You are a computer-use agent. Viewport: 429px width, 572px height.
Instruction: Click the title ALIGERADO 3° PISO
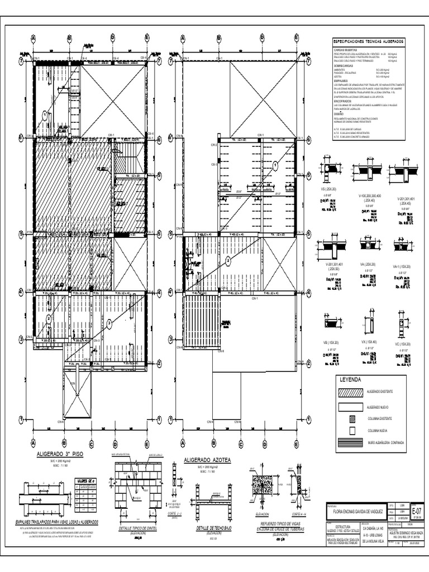pos(59,455)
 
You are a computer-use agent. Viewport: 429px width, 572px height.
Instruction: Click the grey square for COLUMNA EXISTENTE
pos(351,418)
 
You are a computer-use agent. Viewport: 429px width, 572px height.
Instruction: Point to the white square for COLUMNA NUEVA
pos(351,430)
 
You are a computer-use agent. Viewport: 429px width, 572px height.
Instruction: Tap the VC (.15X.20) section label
pos(402,344)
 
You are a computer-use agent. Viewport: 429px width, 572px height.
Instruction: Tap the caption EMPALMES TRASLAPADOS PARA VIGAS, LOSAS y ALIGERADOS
pos(58,521)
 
